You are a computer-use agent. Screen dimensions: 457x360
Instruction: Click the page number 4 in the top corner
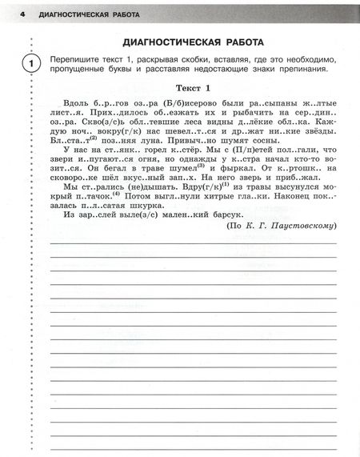pyautogui.click(x=23, y=14)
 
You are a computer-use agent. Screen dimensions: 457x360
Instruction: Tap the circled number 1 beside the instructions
pyautogui.click(x=30, y=64)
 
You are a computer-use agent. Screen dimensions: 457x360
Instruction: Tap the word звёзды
pyautogui.click(x=314, y=128)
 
